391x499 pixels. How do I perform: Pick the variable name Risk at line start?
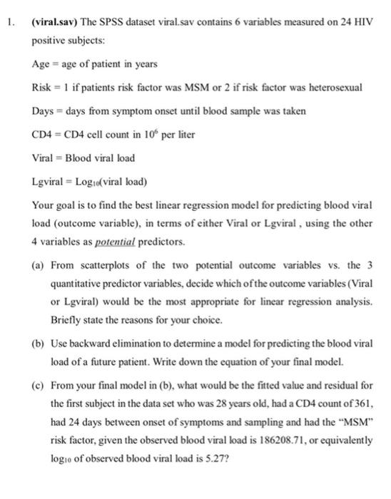(x=41, y=87)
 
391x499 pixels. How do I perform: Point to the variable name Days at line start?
(x=42, y=112)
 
